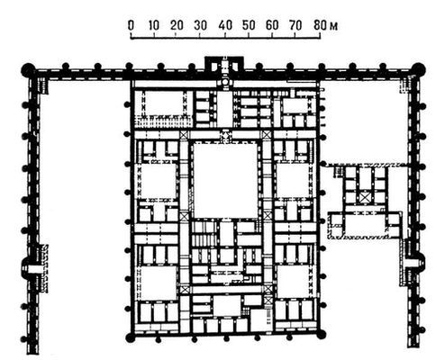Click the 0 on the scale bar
(x=132, y=24)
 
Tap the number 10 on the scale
(x=154, y=24)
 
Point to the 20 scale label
(x=177, y=24)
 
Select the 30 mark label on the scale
(x=201, y=24)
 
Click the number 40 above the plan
(x=224, y=24)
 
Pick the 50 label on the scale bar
(x=248, y=24)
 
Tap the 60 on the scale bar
(x=271, y=24)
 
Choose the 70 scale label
(x=295, y=24)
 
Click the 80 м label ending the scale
(x=320, y=24)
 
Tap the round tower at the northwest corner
(x=29, y=70)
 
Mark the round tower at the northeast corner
(x=418, y=69)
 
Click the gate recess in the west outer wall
(x=33, y=267)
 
